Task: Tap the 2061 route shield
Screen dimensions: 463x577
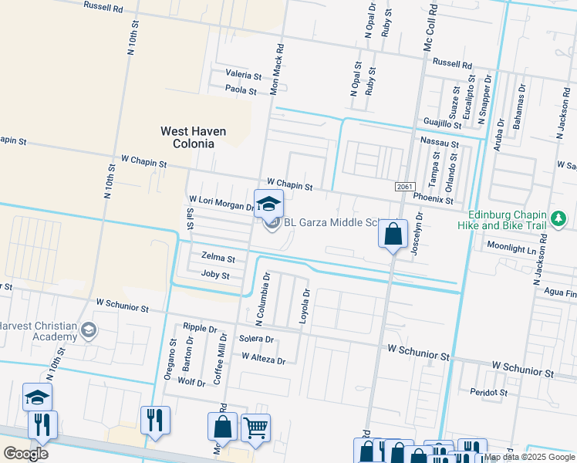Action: point(403,188)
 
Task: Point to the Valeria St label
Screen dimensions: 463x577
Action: point(244,75)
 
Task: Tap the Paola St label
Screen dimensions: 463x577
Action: point(241,90)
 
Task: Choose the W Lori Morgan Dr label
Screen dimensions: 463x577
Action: point(221,203)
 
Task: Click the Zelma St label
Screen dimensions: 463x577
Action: point(218,257)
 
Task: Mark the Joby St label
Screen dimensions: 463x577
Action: point(215,275)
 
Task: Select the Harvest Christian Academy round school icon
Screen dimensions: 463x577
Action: point(89,330)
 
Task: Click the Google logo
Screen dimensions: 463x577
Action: point(25,453)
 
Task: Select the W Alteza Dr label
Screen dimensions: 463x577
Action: point(263,358)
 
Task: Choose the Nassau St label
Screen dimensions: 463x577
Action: point(439,143)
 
